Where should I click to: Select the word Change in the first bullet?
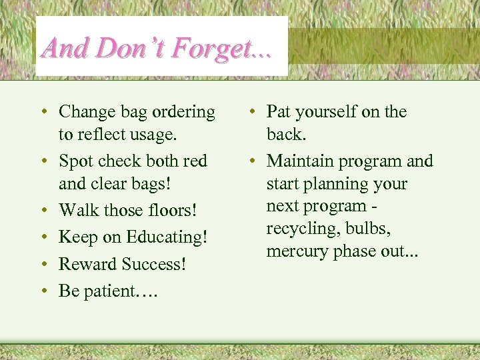click(x=85, y=112)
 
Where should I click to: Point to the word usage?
click(x=154, y=135)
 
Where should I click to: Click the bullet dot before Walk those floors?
click(x=43, y=211)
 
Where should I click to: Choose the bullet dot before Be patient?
click(x=43, y=291)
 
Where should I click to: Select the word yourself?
click(x=330, y=112)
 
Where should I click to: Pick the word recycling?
click(x=297, y=229)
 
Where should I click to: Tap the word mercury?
click(x=293, y=252)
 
